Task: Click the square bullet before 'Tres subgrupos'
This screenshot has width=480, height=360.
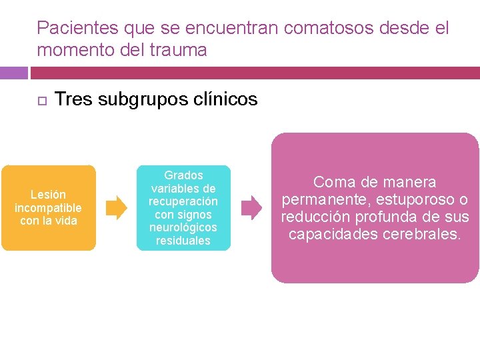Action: pyautogui.click(x=41, y=101)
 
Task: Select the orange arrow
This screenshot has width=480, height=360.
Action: pyautogui.click(x=117, y=208)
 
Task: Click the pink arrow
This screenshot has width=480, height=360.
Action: pyautogui.click(x=251, y=208)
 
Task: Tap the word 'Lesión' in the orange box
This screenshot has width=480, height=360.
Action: pyautogui.click(x=49, y=195)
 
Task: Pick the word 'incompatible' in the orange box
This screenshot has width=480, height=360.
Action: pyautogui.click(x=49, y=208)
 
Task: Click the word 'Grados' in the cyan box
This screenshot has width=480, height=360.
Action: pyautogui.click(x=183, y=175)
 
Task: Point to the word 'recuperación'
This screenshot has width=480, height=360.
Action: pyautogui.click(x=183, y=201)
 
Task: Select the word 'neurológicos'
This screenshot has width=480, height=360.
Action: pyautogui.click(x=183, y=227)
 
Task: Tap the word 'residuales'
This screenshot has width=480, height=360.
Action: pyautogui.click(x=183, y=241)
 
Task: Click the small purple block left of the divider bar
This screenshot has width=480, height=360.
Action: pyautogui.click(x=14, y=73)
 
